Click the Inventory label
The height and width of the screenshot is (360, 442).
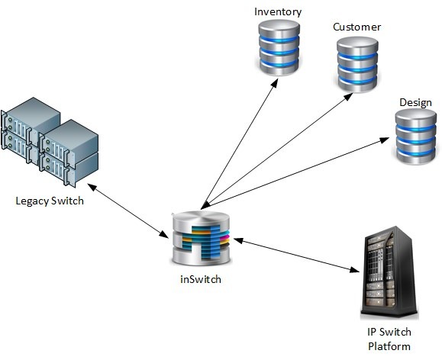(278, 12)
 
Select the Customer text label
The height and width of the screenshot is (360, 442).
(357, 27)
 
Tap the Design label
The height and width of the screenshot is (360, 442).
(415, 103)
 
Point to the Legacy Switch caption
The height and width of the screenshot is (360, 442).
(50, 201)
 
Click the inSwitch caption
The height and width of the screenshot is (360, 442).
(201, 279)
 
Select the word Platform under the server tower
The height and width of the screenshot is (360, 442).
(389, 346)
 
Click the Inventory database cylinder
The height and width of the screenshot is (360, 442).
(279, 47)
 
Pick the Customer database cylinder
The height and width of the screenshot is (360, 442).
(357, 65)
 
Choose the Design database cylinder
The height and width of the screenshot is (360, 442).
(416, 137)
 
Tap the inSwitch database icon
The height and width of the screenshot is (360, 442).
(201, 238)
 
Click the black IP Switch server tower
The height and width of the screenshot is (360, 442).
(389, 273)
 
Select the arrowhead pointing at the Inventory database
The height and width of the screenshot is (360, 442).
(275, 83)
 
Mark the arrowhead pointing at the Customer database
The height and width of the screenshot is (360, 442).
(348, 97)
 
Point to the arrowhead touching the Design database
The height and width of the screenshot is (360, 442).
(385, 140)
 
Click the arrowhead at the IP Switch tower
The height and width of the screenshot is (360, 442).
(355, 270)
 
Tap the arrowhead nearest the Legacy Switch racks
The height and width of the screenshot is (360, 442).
(92, 187)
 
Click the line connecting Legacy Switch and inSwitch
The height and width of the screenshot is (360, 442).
(128, 211)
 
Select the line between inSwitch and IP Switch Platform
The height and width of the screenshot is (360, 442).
(297, 256)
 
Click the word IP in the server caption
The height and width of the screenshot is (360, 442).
(372, 332)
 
